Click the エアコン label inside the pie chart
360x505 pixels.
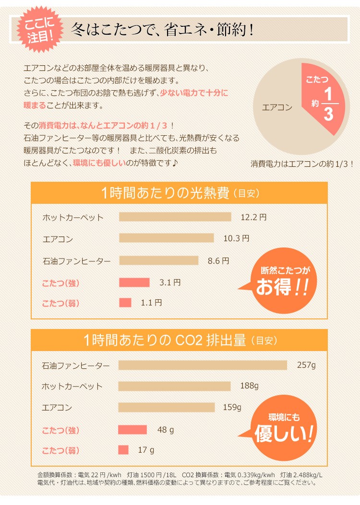pos(277,107)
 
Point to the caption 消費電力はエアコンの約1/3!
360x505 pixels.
pos(302,164)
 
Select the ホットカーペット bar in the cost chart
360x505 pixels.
pos(175,217)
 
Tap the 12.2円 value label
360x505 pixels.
pos(253,217)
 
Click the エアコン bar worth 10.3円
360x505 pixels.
pos(166,238)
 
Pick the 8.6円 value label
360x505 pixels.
pos(218,261)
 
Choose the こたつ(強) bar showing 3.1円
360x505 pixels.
pos(134,282)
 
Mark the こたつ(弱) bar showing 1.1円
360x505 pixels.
pos(125,303)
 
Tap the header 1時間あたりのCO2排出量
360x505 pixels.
pos(180,341)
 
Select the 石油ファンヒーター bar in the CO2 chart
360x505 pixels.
pos(202,365)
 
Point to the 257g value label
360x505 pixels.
pos(306,365)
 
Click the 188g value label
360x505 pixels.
pos(249,386)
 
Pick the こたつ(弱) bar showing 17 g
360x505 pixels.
pos(123,450)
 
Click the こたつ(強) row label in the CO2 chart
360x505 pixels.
pos(60,430)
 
